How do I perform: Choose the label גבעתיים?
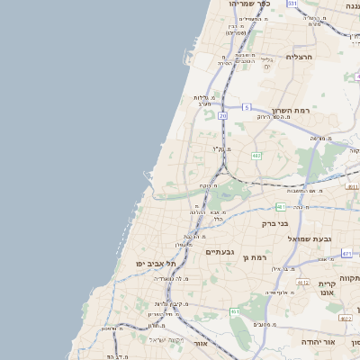(x=220, y=252)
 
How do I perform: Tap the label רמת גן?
(x=256, y=258)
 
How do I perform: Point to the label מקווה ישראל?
(x=167, y=339)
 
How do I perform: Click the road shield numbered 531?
(x=292, y=4)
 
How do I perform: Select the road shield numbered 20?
(x=222, y=116)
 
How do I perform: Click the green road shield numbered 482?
(x=256, y=156)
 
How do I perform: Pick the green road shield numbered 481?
(x=282, y=206)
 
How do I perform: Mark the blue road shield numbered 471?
(x=346, y=254)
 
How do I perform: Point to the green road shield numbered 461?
(x=234, y=311)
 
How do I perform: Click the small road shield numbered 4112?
(x=302, y=282)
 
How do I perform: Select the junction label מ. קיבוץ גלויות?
(x=163, y=304)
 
